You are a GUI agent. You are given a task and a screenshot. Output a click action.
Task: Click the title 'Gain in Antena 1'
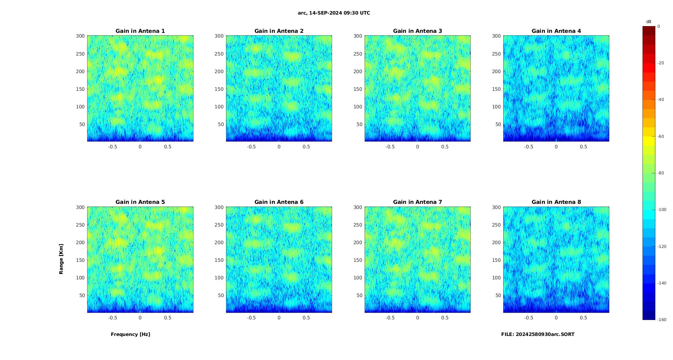click(140, 31)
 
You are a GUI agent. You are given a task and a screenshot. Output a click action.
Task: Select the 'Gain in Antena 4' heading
click(556, 31)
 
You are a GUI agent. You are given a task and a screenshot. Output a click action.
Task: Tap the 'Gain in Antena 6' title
click(279, 202)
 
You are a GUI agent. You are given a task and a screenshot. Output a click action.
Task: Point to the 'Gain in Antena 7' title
click(417, 202)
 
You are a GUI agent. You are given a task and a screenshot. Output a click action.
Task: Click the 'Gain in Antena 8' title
click(556, 202)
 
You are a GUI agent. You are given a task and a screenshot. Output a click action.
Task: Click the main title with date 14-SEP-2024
click(334, 13)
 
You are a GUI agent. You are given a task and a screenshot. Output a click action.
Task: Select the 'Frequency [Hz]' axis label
click(130, 334)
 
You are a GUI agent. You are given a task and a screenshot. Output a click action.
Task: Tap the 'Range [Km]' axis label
click(61, 259)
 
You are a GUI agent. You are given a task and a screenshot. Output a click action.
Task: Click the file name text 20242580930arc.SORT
click(538, 334)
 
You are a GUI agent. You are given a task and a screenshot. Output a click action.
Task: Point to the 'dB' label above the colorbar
click(649, 22)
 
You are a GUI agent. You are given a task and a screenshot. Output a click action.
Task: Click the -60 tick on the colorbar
click(660, 136)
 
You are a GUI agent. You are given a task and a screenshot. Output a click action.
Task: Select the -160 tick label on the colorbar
click(661, 320)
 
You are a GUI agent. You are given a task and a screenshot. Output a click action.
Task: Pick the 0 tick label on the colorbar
click(658, 26)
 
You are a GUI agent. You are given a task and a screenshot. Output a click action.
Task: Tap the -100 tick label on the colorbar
click(661, 210)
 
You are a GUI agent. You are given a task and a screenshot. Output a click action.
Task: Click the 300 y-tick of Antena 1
click(80, 36)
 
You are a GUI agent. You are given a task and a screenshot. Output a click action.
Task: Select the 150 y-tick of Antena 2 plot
click(219, 89)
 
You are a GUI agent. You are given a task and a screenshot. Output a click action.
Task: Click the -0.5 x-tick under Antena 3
click(390, 147)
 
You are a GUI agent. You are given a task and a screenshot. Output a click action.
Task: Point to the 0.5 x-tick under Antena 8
click(583, 318)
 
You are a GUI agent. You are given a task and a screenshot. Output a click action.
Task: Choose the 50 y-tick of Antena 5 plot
click(82, 295)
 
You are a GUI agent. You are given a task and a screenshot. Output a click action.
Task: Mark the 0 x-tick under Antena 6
click(279, 318)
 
